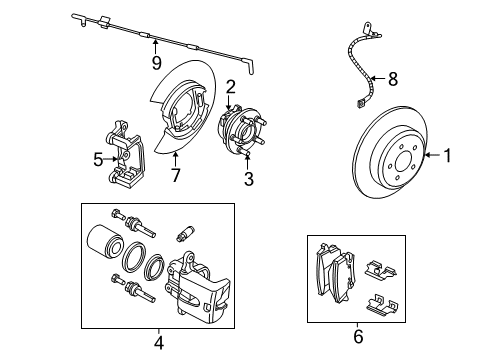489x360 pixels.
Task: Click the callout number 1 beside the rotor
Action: pyautogui.click(x=449, y=155)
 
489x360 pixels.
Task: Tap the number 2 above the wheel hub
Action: pyautogui.click(x=230, y=87)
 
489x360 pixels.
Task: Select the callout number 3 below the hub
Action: pyautogui.click(x=249, y=180)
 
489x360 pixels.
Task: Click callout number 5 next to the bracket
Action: pyautogui.click(x=98, y=157)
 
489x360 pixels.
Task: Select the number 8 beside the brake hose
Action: pyautogui.click(x=393, y=77)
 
